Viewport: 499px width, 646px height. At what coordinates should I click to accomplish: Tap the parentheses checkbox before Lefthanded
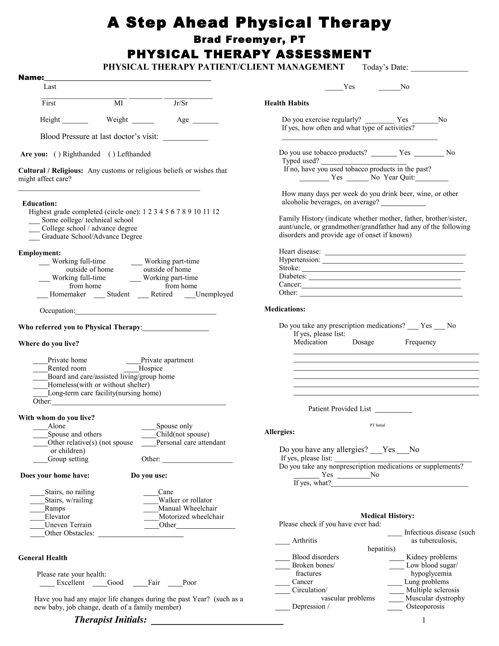[112, 154]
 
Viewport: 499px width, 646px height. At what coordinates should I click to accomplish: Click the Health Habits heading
[287, 103]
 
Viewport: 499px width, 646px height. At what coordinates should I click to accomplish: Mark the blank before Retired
[143, 295]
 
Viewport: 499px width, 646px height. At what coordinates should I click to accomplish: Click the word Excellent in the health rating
[70, 583]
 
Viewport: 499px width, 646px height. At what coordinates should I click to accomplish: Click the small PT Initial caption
[377, 425]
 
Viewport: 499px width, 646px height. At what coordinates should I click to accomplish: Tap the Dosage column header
[363, 342]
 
